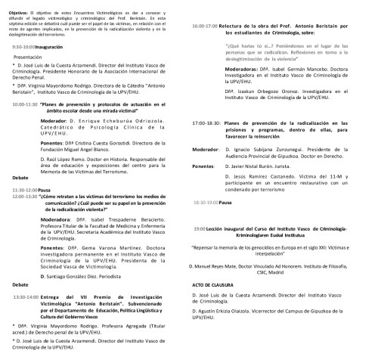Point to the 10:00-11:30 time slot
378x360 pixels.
point(26,103)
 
